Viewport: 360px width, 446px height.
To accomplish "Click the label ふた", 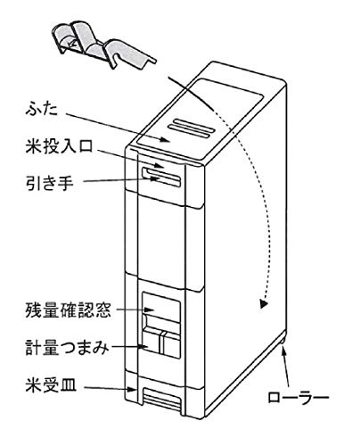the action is (41, 110).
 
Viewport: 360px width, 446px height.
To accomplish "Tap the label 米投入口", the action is (60, 146).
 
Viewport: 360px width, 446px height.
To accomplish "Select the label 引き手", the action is (50, 182).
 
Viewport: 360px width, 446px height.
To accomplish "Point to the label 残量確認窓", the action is (69, 310).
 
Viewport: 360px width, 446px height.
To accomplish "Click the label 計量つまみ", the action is (67, 347).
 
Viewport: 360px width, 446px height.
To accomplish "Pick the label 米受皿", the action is (51, 384).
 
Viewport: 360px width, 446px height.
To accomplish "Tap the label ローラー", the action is (299, 398).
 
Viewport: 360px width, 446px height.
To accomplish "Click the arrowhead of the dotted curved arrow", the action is (263, 304).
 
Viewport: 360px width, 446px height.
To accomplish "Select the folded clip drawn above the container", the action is (103, 45).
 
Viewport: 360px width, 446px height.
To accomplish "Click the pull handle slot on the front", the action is (161, 177).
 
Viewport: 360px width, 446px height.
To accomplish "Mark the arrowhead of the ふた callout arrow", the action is (164, 139).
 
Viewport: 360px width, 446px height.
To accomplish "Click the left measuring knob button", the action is (152, 341).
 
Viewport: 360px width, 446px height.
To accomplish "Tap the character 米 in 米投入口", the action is (33, 146).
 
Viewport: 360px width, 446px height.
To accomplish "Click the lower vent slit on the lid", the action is (189, 132).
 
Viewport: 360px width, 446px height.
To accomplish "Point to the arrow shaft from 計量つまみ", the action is (127, 347).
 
